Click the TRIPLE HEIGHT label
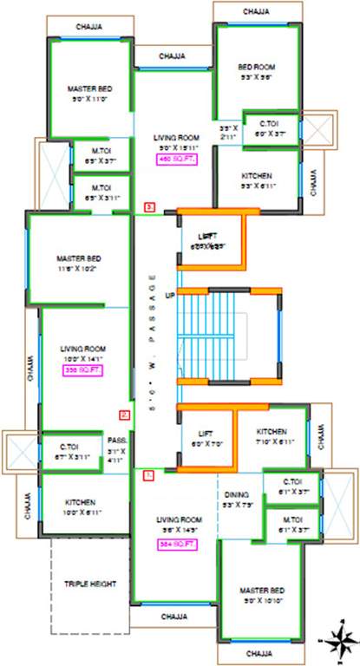coord(89,584)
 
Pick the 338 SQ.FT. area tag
coord(81,369)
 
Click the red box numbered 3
coord(150,207)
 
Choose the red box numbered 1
coord(148,475)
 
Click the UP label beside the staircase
coord(170,296)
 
